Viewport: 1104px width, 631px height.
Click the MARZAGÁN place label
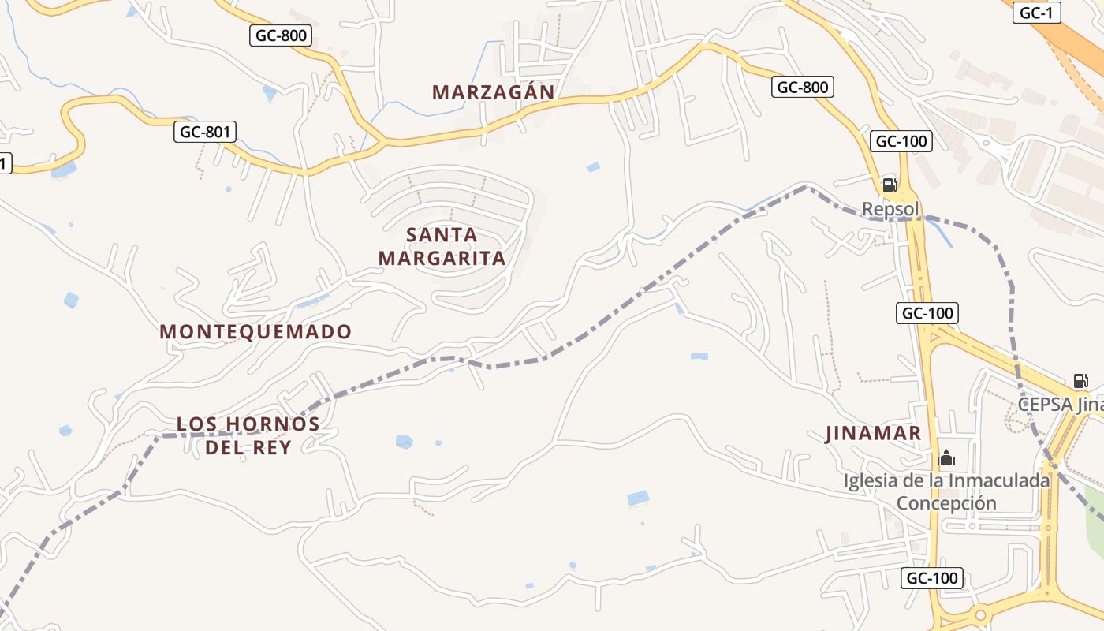[494, 92]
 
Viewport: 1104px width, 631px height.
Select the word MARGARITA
[442, 258]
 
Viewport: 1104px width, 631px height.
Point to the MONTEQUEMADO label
[255, 332]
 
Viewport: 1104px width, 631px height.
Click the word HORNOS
[273, 424]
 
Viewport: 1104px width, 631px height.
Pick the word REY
[274, 447]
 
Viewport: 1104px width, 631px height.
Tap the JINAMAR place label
[873, 433]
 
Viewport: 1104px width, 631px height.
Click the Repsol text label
[890, 209]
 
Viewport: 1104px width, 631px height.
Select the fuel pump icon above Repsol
[889, 185]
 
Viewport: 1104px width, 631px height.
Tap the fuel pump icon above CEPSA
[1080, 381]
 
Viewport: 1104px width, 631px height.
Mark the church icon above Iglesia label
[945, 457]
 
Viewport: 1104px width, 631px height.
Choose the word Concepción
[946, 503]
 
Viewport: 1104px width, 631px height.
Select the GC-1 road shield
[1036, 13]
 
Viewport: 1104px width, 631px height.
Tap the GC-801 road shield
[205, 132]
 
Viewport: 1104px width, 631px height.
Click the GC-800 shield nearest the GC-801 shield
[282, 35]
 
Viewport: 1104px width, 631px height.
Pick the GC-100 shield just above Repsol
[901, 142]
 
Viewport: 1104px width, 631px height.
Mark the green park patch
[1095, 505]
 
